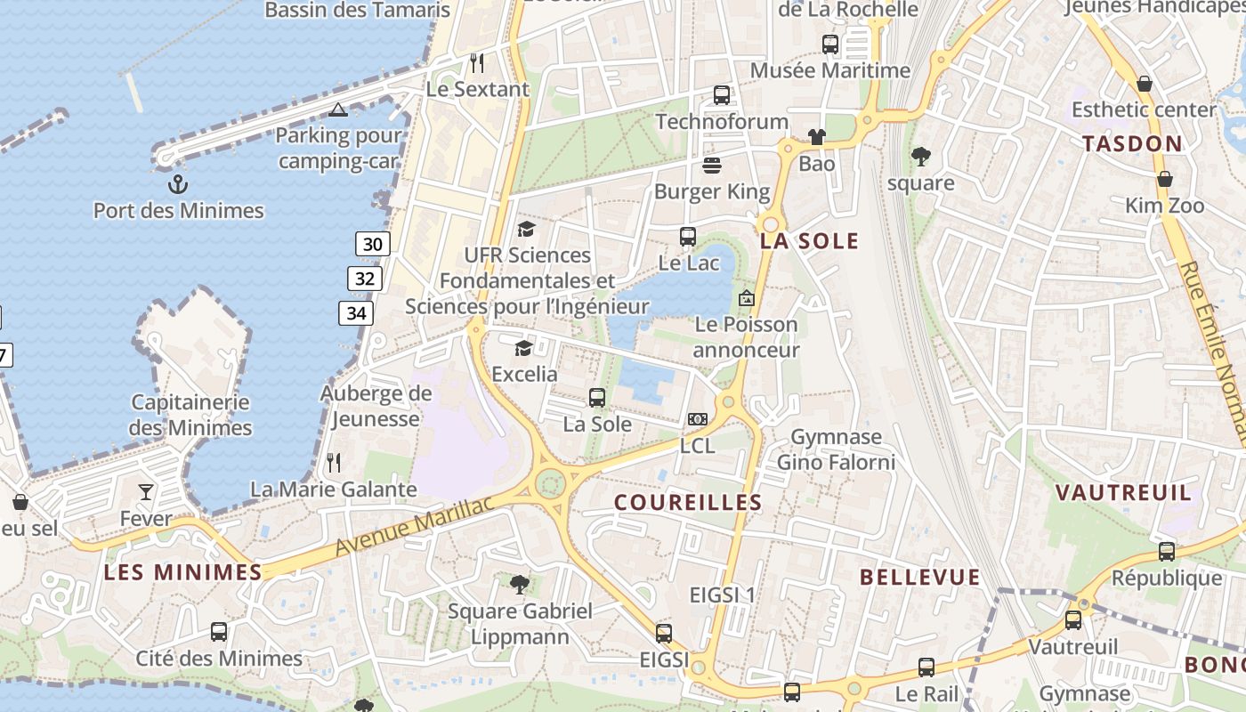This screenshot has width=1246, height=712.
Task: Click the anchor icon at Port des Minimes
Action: [x=178, y=184]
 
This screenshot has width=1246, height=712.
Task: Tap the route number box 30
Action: [x=373, y=244]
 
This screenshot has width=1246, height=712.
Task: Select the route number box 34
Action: [x=356, y=313]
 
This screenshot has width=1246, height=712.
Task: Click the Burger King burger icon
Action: [x=711, y=165]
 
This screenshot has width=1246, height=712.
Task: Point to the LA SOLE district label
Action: [x=809, y=241]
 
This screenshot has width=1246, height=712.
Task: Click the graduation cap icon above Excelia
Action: [x=523, y=347]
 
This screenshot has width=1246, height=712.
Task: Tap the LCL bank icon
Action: [x=698, y=418]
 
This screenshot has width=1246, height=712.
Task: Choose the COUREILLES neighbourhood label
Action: [x=688, y=503]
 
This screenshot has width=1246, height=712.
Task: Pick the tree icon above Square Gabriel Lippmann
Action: [x=520, y=585]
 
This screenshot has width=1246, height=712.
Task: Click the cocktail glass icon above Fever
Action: [x=146, y=492]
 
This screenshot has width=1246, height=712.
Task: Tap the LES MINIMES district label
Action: [x=182, y=572]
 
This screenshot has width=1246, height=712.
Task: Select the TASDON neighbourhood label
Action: [x=1132, y=144]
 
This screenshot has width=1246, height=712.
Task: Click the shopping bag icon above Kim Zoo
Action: [x=1164, y=179]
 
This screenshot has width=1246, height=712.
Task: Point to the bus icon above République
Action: [x=1167, y=551]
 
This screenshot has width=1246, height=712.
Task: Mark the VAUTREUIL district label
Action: [x=1123, y=493]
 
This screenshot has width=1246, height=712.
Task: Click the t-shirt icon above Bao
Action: [x=816, y=136]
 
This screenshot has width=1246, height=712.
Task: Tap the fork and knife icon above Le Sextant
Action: [x=477, y=62]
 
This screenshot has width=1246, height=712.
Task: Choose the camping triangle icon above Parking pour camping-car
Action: [x=337, y=109]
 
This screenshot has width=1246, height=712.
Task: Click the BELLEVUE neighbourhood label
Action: [x=919, y=578]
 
